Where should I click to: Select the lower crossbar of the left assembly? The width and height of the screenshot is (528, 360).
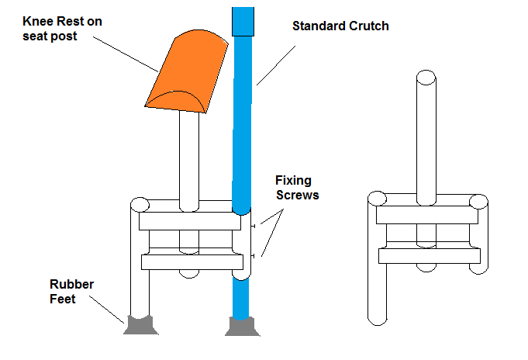pyautogui.click(x=186, y=261)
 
